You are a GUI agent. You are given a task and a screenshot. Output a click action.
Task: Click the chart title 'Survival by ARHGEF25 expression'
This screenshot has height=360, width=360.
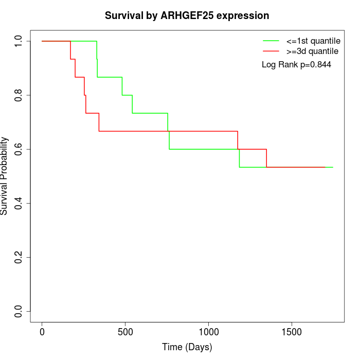coord(187,16)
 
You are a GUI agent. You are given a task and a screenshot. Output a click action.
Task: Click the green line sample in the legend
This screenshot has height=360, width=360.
coord(271,41)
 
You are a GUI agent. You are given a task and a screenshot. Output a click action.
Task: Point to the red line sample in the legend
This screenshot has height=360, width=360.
coord(271,51)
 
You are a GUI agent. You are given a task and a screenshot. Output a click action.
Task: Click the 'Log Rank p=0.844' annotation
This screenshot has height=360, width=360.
coord(296,65)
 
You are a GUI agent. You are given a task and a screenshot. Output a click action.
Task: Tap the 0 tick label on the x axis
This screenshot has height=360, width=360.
coord(42,332)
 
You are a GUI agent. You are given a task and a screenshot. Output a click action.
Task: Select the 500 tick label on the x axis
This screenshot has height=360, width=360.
coord(125,332)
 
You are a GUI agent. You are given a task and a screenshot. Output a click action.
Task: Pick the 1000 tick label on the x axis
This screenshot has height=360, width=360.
coord(208,332)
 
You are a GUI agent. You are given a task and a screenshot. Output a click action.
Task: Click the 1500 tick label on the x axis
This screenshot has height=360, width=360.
coord(292,332)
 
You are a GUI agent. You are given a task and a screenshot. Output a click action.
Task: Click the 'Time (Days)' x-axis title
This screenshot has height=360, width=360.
coord(187,348)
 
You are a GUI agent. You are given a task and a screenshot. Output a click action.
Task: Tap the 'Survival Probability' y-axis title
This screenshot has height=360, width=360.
coord(5,176)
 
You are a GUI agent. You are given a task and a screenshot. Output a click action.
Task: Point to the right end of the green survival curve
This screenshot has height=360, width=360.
coord(333,167)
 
